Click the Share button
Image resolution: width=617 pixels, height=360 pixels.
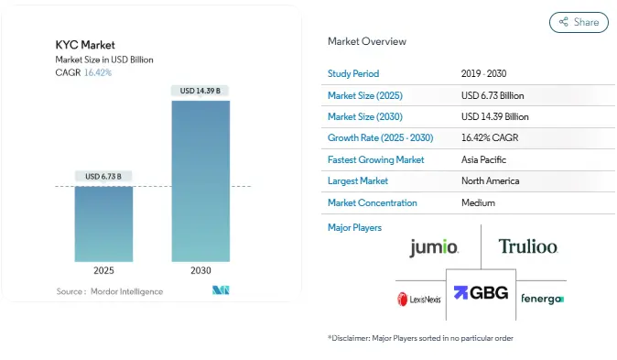(579, 22)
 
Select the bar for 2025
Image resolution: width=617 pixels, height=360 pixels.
(103, 224)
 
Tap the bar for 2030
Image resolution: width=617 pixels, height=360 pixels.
(200, 180)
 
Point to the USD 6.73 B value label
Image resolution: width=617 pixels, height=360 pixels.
(103, 176)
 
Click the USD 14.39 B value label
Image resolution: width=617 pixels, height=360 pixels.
(200, 91)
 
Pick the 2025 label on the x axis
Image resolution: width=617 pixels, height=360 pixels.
(103, 271)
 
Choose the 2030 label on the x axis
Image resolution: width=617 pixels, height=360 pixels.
(200, 271)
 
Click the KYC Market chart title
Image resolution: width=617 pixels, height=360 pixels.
(85, 44)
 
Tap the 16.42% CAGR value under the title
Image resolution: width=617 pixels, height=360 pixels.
(98, 71)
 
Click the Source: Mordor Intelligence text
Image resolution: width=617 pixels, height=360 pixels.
(109, 291)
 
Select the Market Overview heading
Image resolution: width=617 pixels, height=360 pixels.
(367, 41)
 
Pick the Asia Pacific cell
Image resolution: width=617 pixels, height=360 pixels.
(484, 159)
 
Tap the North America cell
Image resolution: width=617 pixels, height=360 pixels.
(490, 181)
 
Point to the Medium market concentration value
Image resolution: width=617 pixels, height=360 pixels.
(478, 202)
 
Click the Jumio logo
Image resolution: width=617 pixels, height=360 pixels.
(434, 246)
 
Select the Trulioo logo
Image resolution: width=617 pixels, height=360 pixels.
(527, 246)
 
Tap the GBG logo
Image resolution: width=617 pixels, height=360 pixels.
(481, 293)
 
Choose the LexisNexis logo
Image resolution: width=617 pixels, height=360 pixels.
(419, 299)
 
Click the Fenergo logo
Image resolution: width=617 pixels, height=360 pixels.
(542, 299)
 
